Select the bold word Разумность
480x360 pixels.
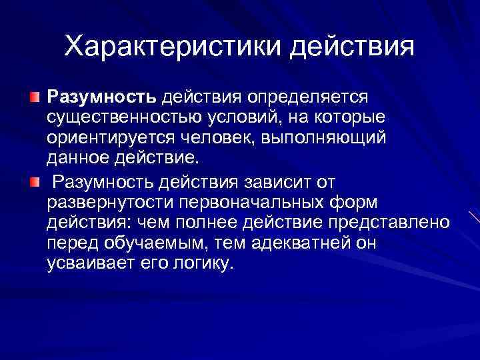[x=101, y=97]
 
